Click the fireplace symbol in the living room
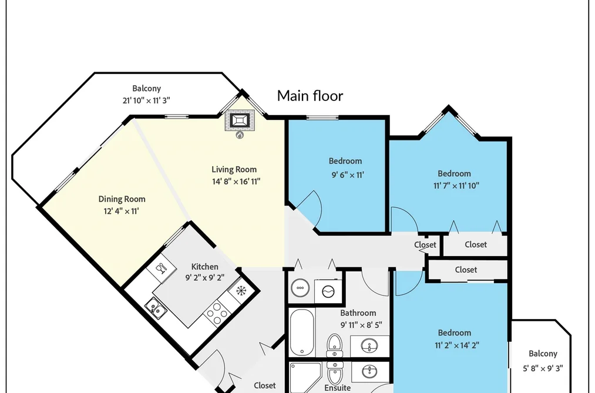pyautogui.click(x=240, y=120)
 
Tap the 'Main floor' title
pyautogui.click(x=310, y=96)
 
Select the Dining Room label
pyautogui.click(x=122, y=199)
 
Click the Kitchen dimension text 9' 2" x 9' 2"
pyautogui.click(x=204, y=278)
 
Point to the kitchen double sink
pyautogui.click(x=156, y=308)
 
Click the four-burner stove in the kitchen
pyautogui.click(x=217, y=313)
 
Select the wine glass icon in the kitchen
pyautogui.click(x=161, y=268)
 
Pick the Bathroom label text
pyautogui.click(x=358, y=313)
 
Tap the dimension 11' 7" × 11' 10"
pyautogui.click(x=456, y=186)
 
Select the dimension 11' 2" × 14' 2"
pyautogui.click(x=457, y=345)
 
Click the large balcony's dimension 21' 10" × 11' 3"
pyautogui.click(x=146, y=100)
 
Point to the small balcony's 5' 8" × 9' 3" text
pyautogui.click(x=543, y=368)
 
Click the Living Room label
pyautogui.click(x=234, y=169)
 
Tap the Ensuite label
pyautogui.click(x=337, y=388)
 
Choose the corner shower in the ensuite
pyautogui.click(x=305, y=378)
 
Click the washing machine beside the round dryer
pyautogui.click(x=328, y=291)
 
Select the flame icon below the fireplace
pyautogui.click(x=240, y=135)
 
